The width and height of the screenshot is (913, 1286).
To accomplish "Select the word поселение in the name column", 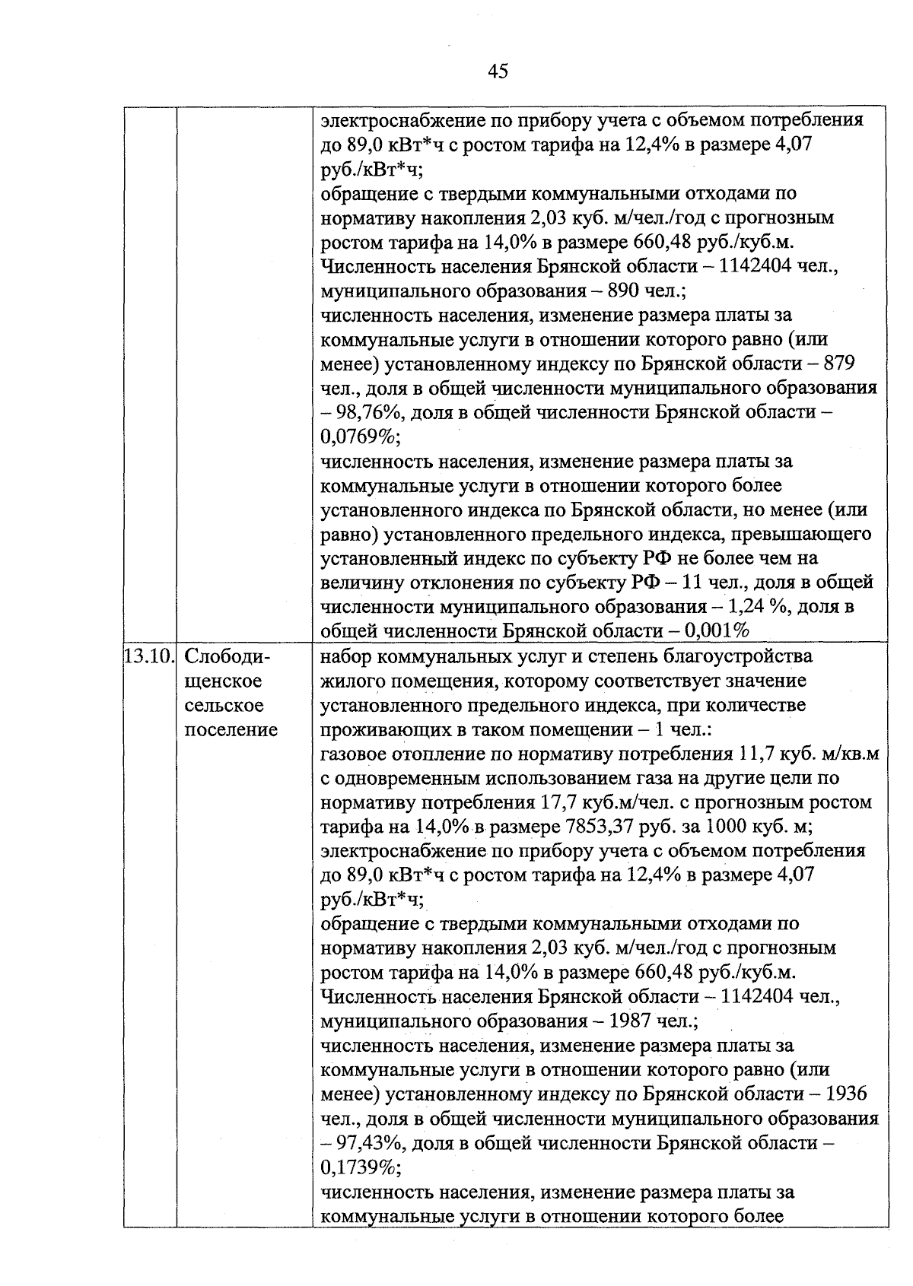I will click(231, 729).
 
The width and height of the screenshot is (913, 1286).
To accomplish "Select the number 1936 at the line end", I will click(845, 1094).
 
